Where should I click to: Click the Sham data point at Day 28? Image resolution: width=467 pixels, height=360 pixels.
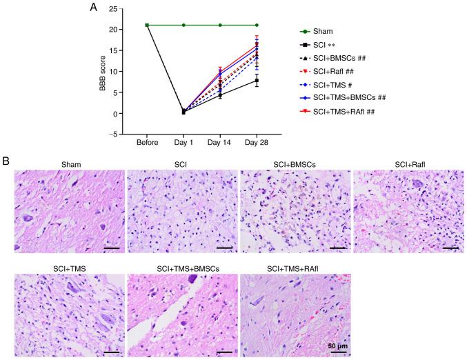tap(257, 25)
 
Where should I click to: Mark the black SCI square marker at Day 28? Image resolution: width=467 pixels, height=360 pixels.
tap(257, 81)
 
